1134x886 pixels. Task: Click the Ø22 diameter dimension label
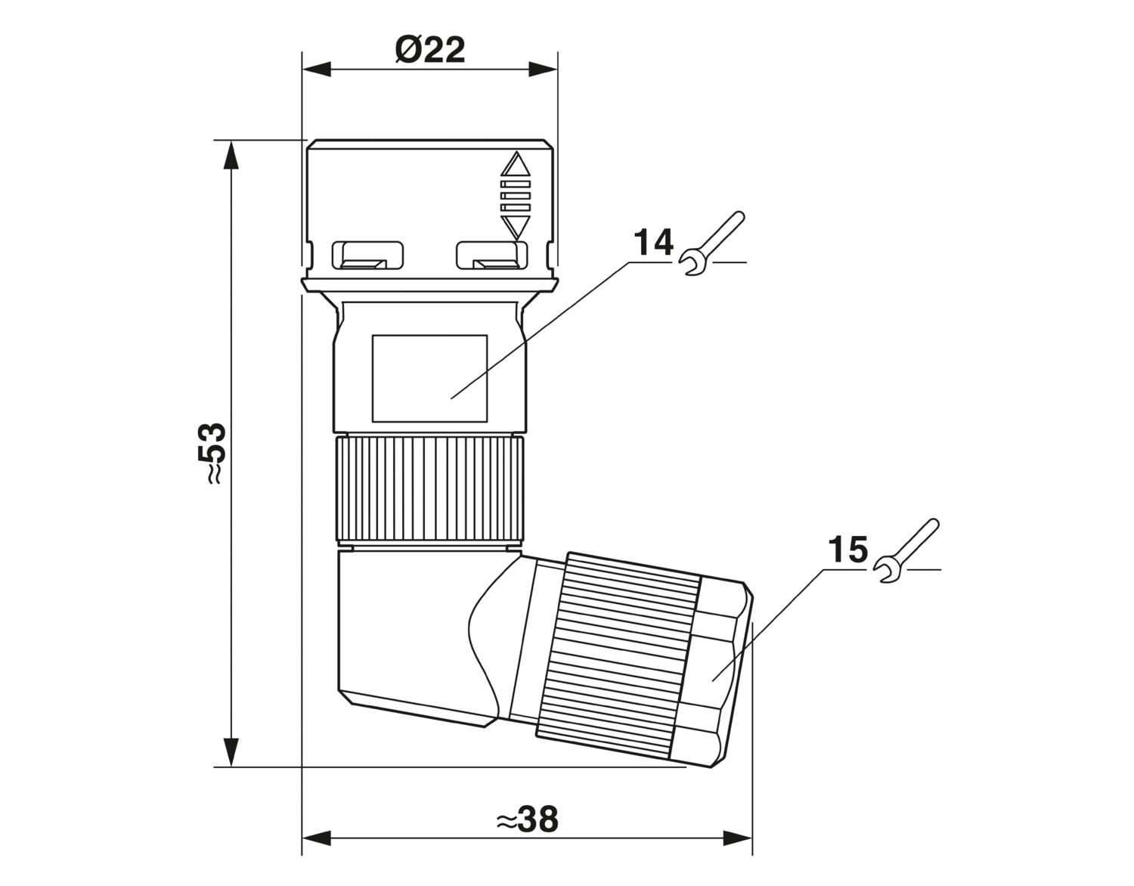pyautogui.click(x=430, y=50)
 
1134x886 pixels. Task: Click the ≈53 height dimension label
pyautogui.click(x=212, y=454)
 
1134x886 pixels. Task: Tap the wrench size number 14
pyautogui.click(x=653, y=243)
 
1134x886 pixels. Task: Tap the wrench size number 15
pyautogui.click(x=847, y=550)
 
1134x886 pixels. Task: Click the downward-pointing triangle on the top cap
pyautogui.click(x=515, y=228)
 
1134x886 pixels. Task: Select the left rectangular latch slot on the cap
pyautogui.click(x=368, y=256)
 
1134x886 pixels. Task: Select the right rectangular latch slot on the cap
pyautogui.click(x=491, y=256)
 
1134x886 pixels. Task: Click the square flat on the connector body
pyautogui.click(x=429, y=378)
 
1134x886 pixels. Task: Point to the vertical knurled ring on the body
pyautogui.click(x=429, y=490)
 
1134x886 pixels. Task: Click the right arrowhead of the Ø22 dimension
pyautogui.click(x=544, y=70)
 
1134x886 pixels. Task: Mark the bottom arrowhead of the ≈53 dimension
pyautogui.click(x=231, y=752)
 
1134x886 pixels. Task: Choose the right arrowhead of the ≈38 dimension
pyautogui.click(x=737, y=853)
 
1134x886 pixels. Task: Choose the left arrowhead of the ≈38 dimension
pyautogui.click(x=316, y=853)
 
